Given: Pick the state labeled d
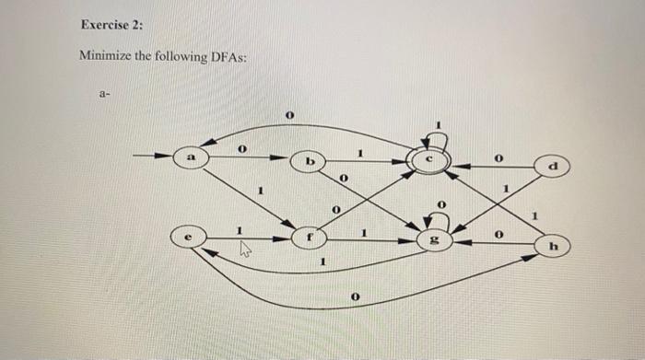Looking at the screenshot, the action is [x=551, y=167].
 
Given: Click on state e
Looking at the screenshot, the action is [x=189, y=237].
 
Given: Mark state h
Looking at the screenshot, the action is [x=551, y=246].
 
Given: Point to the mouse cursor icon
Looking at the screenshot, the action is [x=245, y=248].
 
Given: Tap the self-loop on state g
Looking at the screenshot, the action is [x=439, y=219].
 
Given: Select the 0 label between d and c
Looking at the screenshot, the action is [x=498, y=158].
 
